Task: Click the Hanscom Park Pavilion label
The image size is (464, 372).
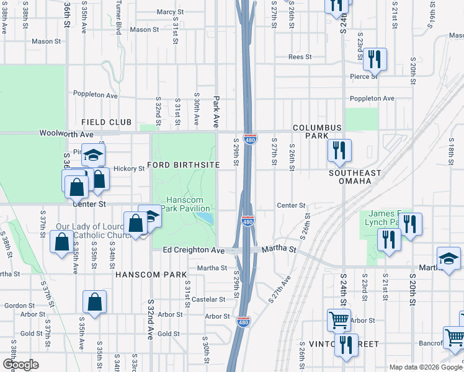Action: click(188, 204)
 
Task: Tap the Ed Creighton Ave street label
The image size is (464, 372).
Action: click(194, 250)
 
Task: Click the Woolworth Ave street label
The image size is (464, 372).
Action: click(66, 133)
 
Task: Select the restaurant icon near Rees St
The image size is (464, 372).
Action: click(375, 60)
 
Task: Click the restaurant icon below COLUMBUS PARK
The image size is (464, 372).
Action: click(339, 151)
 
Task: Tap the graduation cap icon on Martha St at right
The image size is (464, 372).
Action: click(448, 259)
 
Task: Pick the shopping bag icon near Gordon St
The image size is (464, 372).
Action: click(94, 302)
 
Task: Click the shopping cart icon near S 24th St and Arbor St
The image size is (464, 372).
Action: click(339, 320)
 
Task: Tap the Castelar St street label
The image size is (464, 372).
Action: click(209, 299)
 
